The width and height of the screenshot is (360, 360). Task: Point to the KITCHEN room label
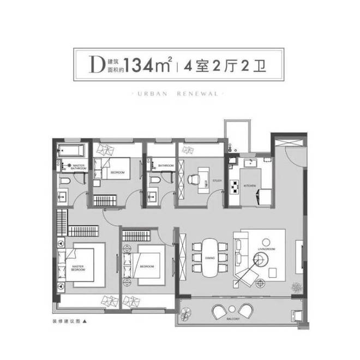(x=250, y=186)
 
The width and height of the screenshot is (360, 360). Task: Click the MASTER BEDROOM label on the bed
(x=79, y=268)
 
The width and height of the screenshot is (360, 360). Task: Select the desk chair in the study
(x=195, y=178)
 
